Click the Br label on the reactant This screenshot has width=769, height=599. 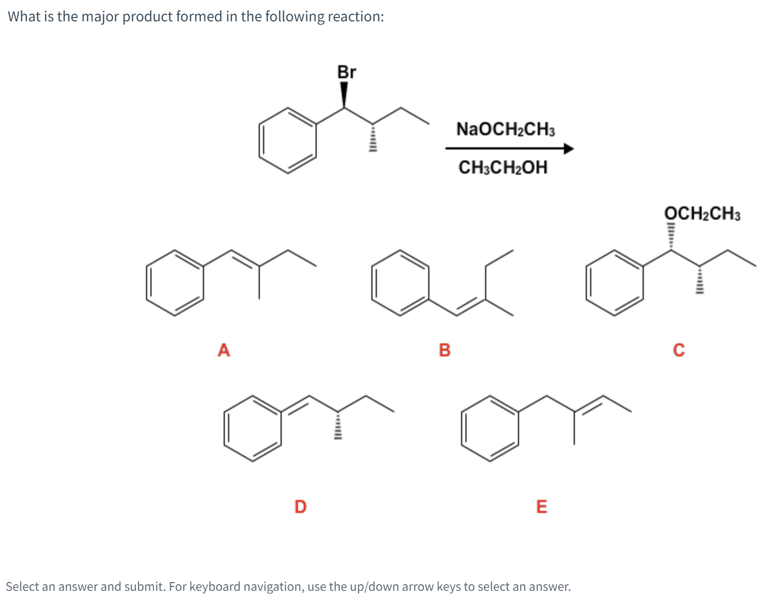[x=346, y=72]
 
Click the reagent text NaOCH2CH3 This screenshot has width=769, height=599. [x=505, y=130]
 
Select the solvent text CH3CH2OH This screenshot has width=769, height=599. [x=503, y=167]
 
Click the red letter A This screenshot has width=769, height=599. [x=224, y=349]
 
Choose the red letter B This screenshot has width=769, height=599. [x=445, y=349]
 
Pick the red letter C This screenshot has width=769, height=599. [x=678, y=349]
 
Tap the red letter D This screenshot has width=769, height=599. [x=300, y=506]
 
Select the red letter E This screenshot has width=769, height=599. [x=541, y=506]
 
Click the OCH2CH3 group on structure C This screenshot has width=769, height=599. [x=702, y=214]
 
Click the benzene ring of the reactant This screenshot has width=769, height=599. [x=288, y=140]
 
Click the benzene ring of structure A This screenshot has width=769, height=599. [x=175, y=283]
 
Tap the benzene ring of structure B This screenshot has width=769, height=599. [x=400, y=283]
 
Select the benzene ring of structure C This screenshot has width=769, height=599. [x=615, y=283]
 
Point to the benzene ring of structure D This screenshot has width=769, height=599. [x=253, y=428]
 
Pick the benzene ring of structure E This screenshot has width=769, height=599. [x=490, y=428]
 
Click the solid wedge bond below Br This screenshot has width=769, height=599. [x=344, y=95]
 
